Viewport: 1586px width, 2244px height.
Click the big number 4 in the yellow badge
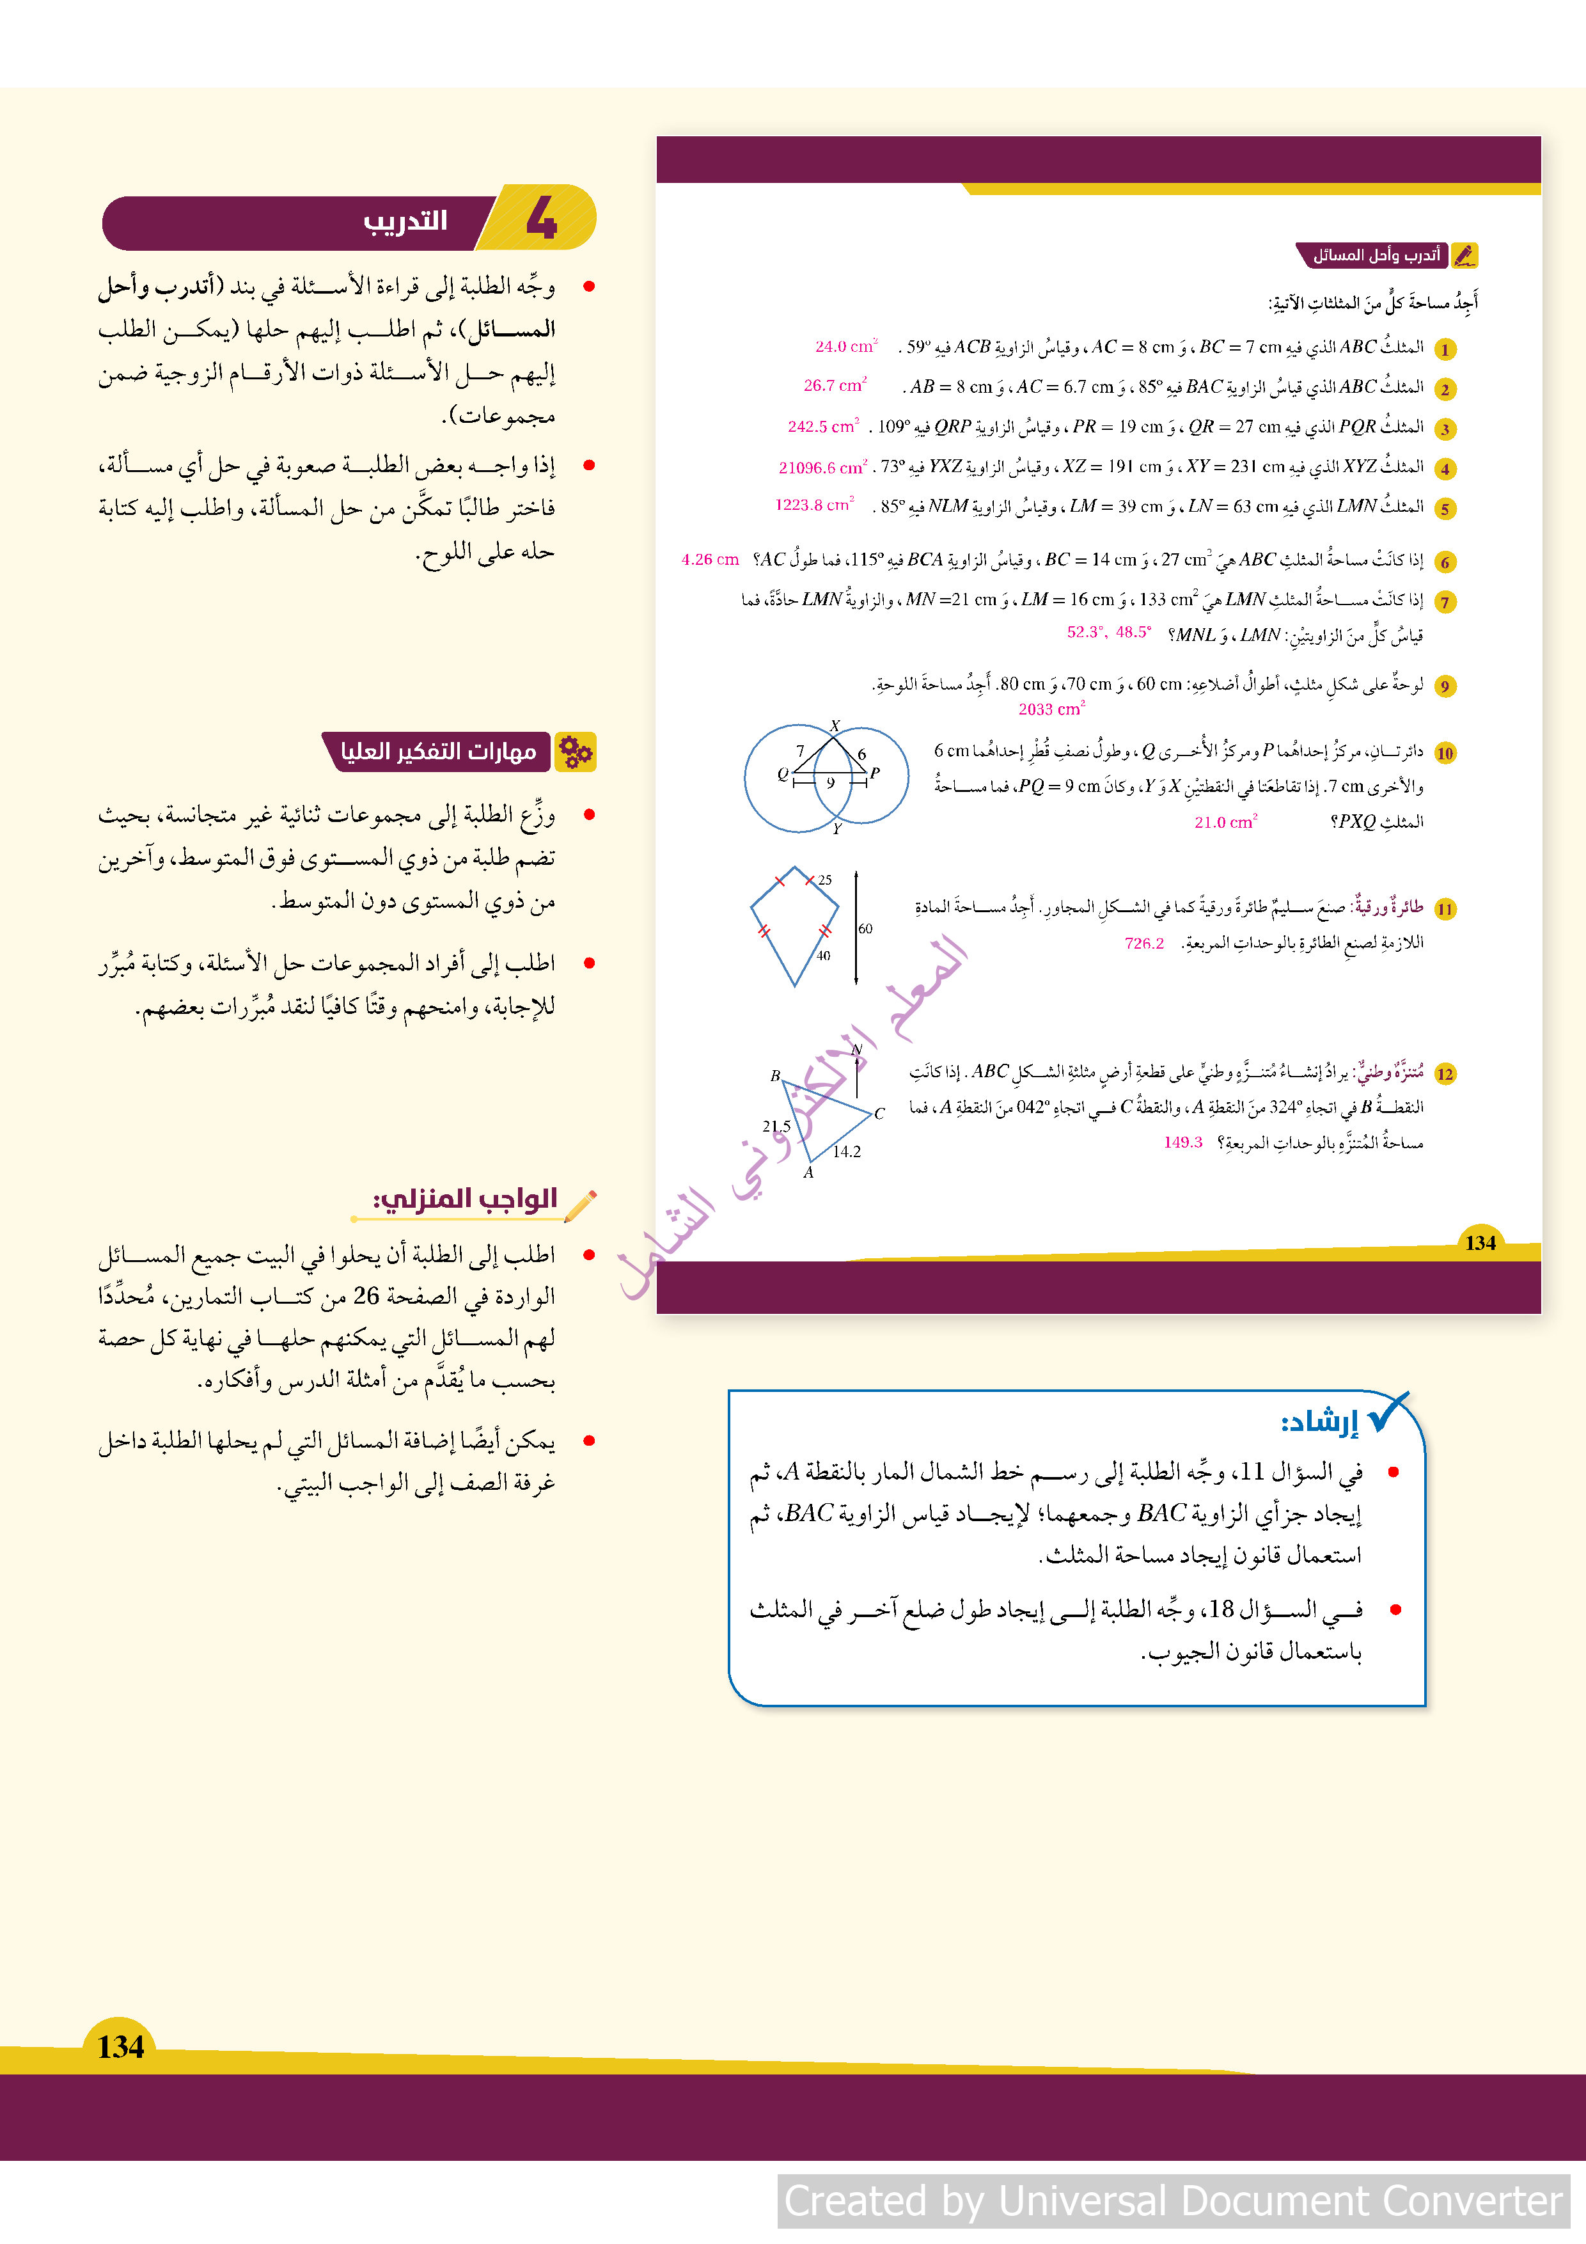[x=542, y=217]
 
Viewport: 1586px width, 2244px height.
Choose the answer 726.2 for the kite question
[x=1143, y=943]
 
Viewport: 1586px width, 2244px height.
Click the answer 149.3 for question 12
[x=1182, y=1142]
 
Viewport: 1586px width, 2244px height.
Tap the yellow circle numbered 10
[x=1444, y=752]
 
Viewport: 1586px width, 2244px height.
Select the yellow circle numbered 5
[x=1444, y=508]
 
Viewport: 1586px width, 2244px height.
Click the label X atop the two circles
[x=835, y=725]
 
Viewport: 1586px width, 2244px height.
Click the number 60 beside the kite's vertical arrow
[x=865, y=928]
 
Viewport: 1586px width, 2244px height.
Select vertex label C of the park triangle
[x=879, y=1113]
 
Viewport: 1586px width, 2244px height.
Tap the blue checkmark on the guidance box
[x=1388, y=1412]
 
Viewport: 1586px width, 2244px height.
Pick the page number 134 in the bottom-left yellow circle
[x=120, y=2046]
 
